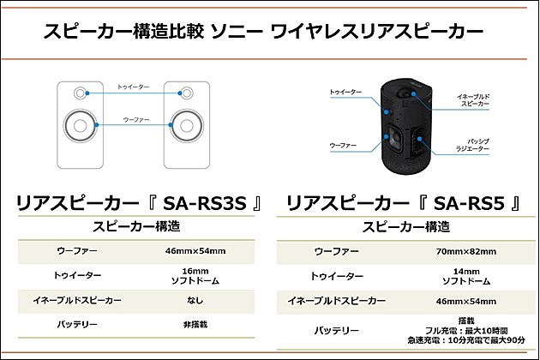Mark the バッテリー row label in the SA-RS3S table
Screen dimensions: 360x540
coord(79,326)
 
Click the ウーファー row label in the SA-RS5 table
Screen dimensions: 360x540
coord(336,251)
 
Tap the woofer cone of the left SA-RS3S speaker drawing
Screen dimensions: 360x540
coord(79,125)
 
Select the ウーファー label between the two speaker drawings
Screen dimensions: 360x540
coord(133,121)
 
